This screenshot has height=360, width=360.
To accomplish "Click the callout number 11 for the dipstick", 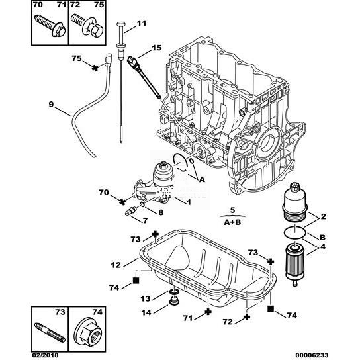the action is point(142,23).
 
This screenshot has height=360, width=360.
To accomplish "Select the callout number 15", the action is point(157,48).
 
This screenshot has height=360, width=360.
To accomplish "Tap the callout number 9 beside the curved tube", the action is point(51,105).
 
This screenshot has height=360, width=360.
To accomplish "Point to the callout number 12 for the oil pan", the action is point(116,265).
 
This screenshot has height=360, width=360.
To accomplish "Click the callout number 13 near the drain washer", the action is point(146,298).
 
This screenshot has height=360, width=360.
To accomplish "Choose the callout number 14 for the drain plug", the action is point(146,312).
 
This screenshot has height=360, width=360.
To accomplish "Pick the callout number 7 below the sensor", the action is point(145,220).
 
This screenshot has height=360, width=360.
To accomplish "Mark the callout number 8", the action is point(161,212).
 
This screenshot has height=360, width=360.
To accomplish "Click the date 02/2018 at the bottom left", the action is point(45,355).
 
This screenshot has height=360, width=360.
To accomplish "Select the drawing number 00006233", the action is point(312,355).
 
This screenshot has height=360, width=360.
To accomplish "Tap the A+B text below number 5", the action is point(232,222).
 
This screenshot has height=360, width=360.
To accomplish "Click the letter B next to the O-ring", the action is point(322,237).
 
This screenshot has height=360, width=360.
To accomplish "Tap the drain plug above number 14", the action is point(174,302).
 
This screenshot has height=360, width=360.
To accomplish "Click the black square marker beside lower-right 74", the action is point(271,308).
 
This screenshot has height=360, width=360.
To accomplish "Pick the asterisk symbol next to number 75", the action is point(95,67).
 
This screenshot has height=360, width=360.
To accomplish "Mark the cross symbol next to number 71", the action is point(208,312).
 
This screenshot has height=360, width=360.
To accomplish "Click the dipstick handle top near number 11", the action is point(121,24).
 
